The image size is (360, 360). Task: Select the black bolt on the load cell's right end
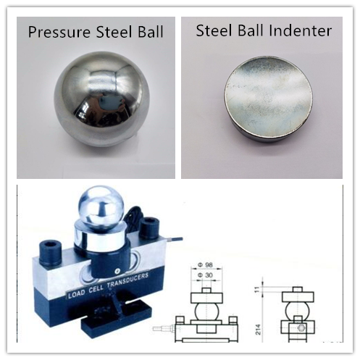pos(151,230)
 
